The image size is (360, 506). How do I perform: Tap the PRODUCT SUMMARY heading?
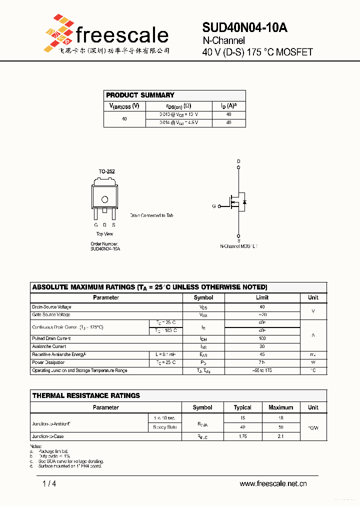click(140, 95)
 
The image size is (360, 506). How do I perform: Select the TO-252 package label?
click(106, 171)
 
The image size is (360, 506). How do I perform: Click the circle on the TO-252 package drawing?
click(104, 199)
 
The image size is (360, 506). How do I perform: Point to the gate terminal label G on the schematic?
click(213, 206)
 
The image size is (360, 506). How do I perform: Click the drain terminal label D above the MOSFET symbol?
click(238, 161)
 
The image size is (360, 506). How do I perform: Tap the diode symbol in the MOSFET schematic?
click(244, 202)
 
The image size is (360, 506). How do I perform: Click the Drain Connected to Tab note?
click(151, 215)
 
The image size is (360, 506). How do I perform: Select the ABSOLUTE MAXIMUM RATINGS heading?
click(149, 287)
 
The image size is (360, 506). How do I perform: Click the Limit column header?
click(262, 297)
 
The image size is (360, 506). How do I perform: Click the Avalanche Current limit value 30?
click(262, 346)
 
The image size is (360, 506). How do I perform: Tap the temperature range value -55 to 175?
click(262, 370)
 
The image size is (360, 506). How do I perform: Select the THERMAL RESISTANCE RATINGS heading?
click(86, 395)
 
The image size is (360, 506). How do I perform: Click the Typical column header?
click(242, 407)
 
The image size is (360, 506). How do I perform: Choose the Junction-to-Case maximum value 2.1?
click(280, 436)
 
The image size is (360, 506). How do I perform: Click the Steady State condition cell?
click(165, 427)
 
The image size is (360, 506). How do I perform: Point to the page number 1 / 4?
click(49, 483)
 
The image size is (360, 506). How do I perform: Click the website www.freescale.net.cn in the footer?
click(273, 483)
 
